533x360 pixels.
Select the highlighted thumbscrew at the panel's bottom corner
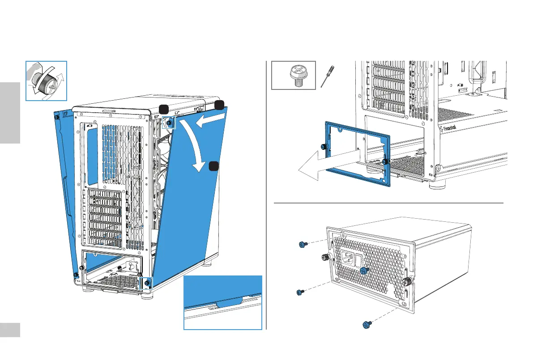(x=147, y=284)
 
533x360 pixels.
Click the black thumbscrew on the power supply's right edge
(x=407, y=282)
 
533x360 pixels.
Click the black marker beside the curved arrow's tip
(x=213, y=166)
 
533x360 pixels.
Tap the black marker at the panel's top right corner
(x=219, y=105)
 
